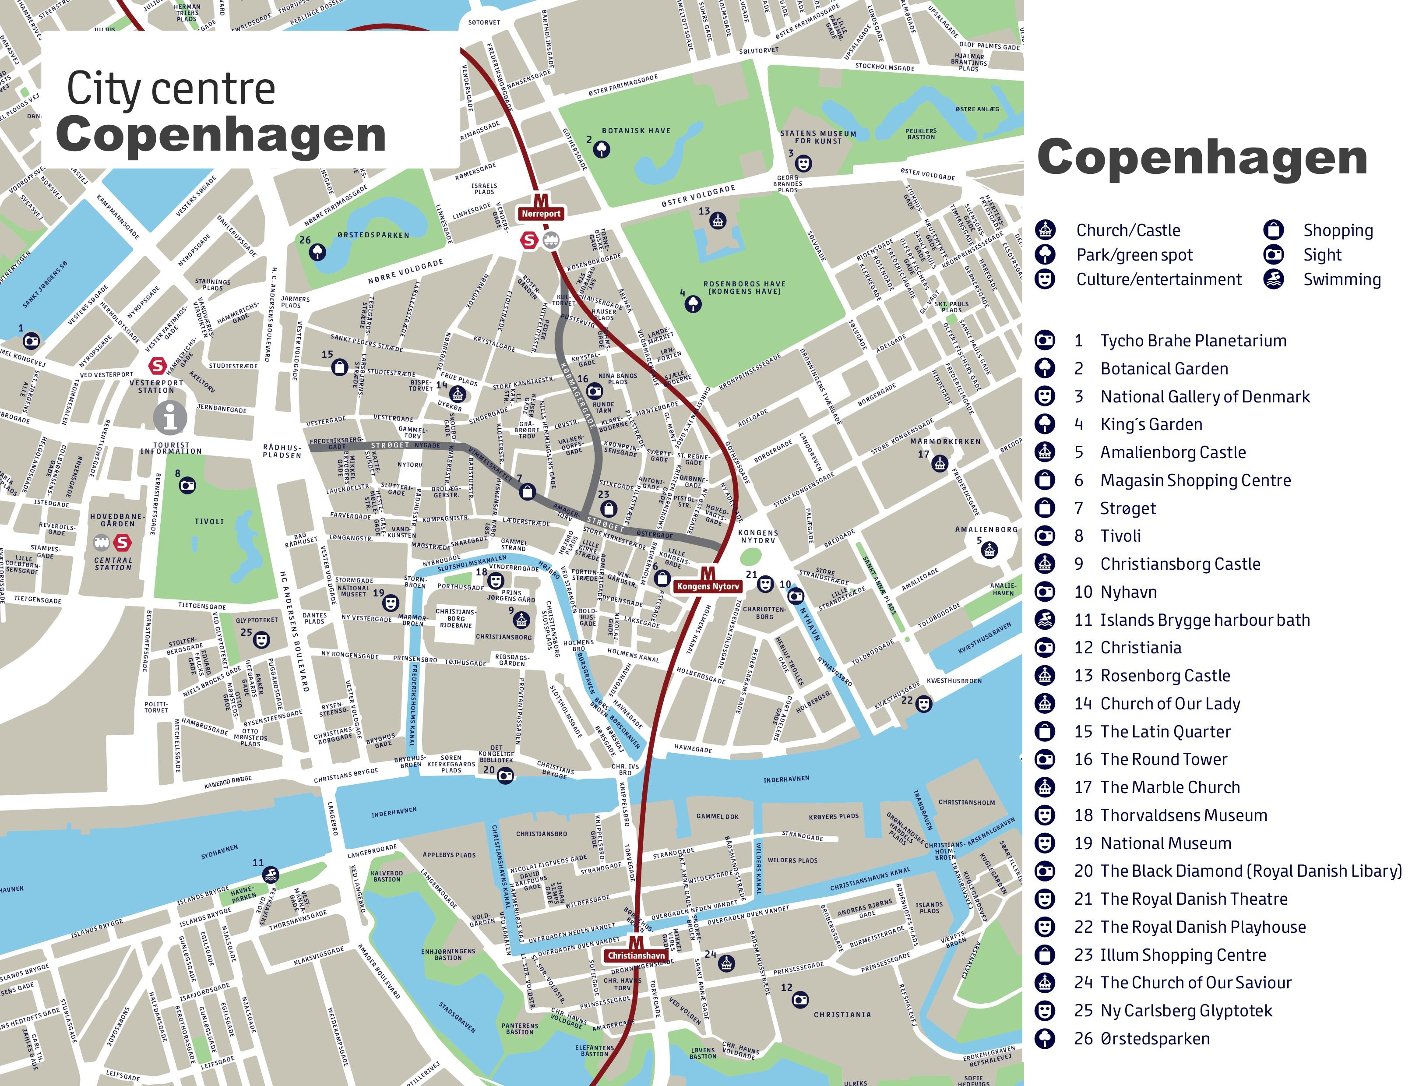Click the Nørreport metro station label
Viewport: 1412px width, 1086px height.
(541, 213)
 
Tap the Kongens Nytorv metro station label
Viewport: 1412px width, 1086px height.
(708, 586)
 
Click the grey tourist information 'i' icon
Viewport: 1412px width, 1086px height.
(170, 418)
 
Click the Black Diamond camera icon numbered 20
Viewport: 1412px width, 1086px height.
(505, 776)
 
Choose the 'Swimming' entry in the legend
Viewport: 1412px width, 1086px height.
(1342, 279)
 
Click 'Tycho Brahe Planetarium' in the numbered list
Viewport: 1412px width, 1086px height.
(1193, 341)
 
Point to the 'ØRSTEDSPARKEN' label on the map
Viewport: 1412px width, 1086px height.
(373, 235)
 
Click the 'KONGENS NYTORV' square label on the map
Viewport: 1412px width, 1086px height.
(758, 536)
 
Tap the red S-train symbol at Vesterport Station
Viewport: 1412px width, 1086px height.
(158, 366)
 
